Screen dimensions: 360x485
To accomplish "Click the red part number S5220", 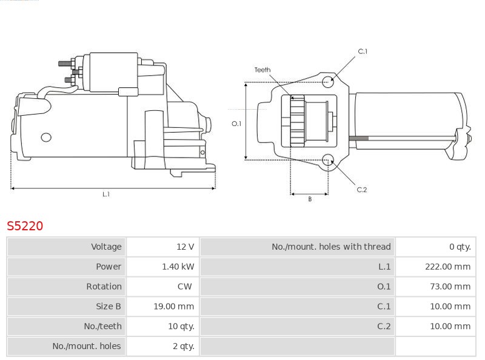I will click(x=25, y=226).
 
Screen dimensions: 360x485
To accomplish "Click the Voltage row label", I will click(x=106, y=247).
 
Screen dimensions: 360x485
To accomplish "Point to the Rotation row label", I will click(x=104, y=287).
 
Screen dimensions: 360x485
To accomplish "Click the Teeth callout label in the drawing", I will click(x=263, y=70).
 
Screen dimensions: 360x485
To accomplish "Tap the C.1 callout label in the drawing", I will click(x=363, y=52).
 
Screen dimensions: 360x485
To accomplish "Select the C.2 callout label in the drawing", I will click(x=362, y=190).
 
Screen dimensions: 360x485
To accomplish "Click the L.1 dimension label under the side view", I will click(x=106, y=194).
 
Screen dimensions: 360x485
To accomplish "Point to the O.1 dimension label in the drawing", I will click(x=236, y=124).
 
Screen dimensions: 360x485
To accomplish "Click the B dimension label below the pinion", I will click(x=310, y=199).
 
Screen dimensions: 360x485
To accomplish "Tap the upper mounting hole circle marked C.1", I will click(x=328, y=81).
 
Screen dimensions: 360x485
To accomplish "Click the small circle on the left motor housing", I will click(x=46, y=138).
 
